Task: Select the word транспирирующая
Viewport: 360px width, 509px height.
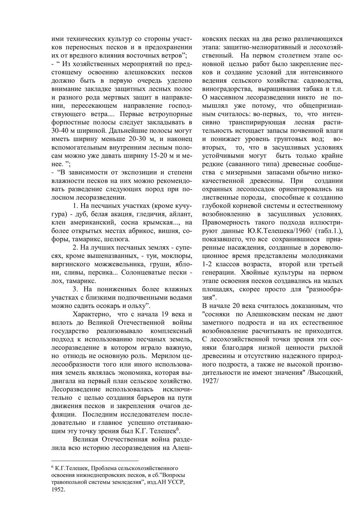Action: point(257,122)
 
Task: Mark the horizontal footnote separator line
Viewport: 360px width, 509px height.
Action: point(95,461)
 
